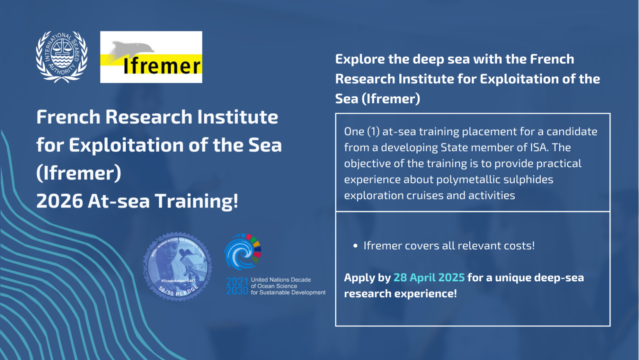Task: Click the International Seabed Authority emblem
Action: (62, 56)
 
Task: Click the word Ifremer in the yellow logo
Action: (162, 66)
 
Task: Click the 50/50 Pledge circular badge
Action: (178, 267)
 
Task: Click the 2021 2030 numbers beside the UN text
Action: (237, 286)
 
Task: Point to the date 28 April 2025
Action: (429, 278)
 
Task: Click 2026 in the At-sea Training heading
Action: (59, 201)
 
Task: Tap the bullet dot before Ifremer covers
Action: (355, 246)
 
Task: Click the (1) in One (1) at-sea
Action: (373, 131)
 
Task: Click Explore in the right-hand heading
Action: (360, 59)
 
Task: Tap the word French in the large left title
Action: (68, 117)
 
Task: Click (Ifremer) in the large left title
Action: (79, 173)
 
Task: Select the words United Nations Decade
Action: (281, 280)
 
